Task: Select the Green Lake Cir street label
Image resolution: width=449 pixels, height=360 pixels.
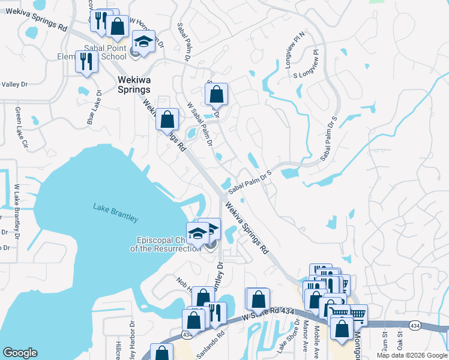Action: [x=22, y=127]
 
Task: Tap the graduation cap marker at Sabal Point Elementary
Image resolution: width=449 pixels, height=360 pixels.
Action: [x=143, y=42]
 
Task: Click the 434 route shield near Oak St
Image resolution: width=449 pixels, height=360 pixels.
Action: [x=414, y=325]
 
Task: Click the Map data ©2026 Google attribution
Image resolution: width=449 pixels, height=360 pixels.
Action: [x=412, y=355]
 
